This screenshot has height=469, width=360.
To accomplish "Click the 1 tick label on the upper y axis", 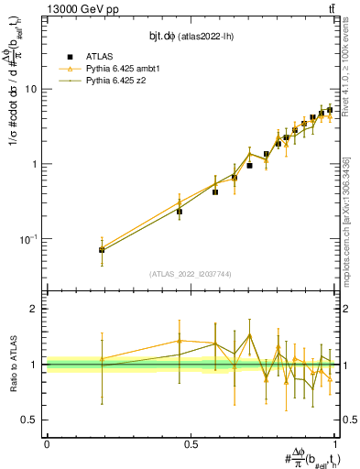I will (x=35, y=165).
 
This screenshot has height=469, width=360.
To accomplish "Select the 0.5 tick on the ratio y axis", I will (x=30, y=420).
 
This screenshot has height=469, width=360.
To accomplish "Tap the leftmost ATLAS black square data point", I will (x=102, y=250).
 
